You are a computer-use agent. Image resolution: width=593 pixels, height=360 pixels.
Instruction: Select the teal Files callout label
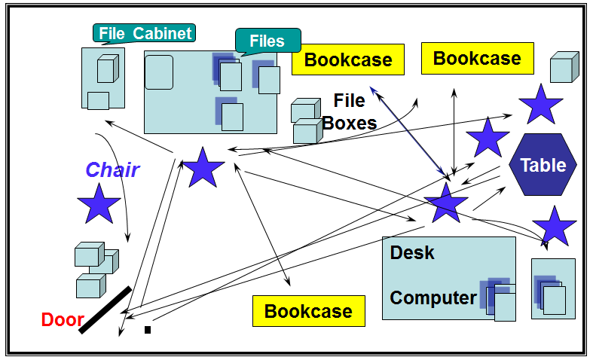coord(267,41)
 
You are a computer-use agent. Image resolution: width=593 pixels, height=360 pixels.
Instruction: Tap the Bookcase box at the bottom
coord(308,311)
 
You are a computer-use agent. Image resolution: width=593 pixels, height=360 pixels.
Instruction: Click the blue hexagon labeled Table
coord(543,165)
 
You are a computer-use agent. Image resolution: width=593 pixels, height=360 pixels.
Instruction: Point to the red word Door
coord(63,319)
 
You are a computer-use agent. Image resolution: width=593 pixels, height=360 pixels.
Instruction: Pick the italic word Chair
coord(112,169)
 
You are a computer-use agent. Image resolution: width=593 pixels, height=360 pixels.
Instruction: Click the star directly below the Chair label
coord(99,203)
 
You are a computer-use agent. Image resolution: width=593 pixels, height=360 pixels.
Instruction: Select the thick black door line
coord(105,310)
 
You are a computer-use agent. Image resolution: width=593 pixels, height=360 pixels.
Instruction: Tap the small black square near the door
coord(148,329)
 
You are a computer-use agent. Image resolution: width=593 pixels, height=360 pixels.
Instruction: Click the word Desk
coord(412,252)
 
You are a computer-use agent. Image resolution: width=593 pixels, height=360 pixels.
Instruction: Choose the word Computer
coord(433,297)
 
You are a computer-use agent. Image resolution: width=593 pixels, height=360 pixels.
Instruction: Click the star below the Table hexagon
coord(555,226)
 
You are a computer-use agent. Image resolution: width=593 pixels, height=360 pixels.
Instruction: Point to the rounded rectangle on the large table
coord(159,72)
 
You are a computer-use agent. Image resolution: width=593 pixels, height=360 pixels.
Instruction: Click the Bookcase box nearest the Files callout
coord(348,59)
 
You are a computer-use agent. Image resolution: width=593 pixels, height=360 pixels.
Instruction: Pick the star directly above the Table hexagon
coord(540,105)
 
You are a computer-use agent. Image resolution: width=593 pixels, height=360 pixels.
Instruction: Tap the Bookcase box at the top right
coord(477,58)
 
